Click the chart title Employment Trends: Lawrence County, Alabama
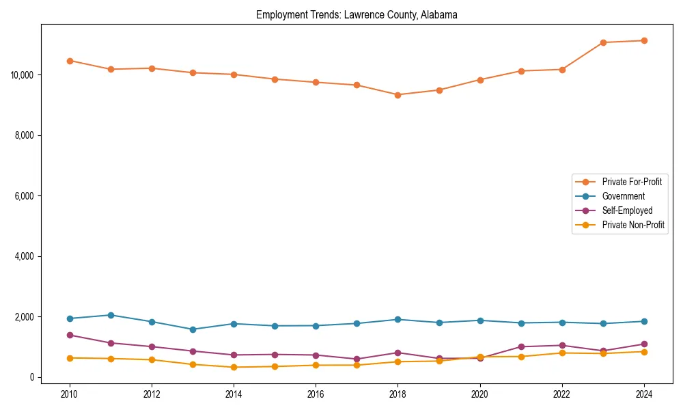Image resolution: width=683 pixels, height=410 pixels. tap(357, 14)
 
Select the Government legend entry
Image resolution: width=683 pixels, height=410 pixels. tap(623, 196)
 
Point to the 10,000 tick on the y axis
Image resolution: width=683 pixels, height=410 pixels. tap(23, 74)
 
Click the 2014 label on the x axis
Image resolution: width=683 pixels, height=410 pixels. tap(234, 394)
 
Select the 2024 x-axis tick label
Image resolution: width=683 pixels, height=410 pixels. tap(643, 394)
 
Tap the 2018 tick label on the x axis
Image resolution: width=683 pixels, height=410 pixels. tap(398, 394)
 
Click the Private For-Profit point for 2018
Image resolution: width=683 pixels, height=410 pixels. tap(398, 95)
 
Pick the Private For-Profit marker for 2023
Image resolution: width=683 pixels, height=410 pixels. tap(603, 42)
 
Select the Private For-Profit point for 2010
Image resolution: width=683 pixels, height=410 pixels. tap(70, 61)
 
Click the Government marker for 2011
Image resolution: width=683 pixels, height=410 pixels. tap(111, 315)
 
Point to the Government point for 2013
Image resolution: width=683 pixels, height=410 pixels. tap(193, 329)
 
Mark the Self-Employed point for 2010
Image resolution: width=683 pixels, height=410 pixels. tap(70, 336)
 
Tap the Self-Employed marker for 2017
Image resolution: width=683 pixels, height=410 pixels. tap(357, 359)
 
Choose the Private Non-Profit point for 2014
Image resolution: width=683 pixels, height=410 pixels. tap(234, 368)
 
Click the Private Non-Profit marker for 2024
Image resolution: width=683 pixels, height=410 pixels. tap(643, 352)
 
